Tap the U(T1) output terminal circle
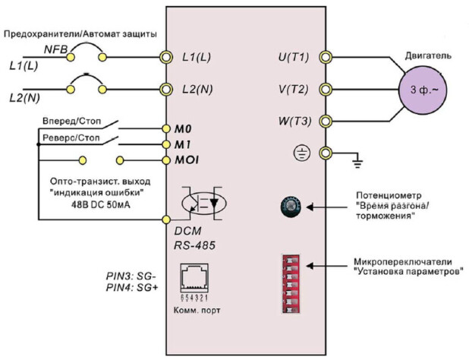[326, 57]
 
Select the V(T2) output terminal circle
[326, 89]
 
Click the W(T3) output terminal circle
[326, 122]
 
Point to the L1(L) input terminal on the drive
[166, 57]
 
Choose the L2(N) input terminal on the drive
[166, 89]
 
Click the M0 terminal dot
[166, 128]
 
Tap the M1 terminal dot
[166, 144]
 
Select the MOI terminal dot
[166, 160]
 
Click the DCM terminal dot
[166, 219]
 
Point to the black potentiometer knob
[291, 206]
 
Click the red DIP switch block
[291, 284]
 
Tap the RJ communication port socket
[194, 278]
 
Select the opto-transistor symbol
[204, 204]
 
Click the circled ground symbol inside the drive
[301, 153]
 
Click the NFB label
[55, 49]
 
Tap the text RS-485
[195, 245]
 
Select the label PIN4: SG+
[132, 288]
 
